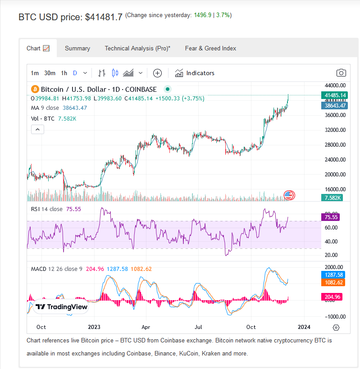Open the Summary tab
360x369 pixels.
77,48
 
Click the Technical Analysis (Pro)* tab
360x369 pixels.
137,48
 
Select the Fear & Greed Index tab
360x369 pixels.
210,48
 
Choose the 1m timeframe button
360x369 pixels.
35,73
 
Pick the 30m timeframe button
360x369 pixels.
50,73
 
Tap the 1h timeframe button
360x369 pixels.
64,73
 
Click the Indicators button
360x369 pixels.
195,73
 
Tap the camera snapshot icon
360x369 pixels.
341,73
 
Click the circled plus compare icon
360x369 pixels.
157,73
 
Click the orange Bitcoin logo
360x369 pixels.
35,90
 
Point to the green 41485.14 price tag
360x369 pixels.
335,95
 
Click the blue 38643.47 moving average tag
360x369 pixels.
335,106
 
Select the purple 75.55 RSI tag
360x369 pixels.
331,217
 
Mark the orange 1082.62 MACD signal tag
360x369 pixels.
333,283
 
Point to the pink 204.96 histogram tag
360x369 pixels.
332,297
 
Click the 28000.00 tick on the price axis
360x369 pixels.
335,145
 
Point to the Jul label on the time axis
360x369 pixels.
198,327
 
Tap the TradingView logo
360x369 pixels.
61,307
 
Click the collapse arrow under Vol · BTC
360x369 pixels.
38,130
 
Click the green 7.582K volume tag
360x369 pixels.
332,198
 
